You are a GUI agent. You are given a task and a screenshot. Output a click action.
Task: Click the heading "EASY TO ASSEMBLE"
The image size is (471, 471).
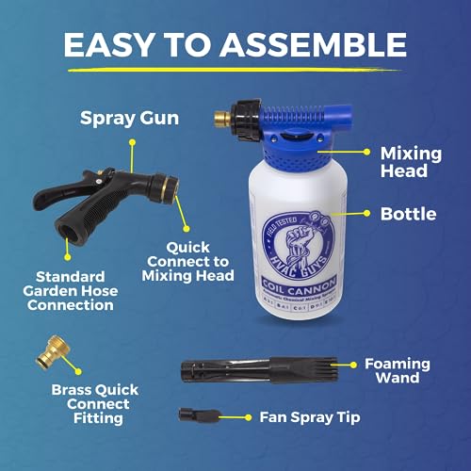pos(235,44)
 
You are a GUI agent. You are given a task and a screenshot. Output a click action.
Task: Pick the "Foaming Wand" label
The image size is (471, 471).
pos(398,371)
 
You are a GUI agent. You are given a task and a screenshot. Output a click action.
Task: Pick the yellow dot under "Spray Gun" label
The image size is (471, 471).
pos(133,143)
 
